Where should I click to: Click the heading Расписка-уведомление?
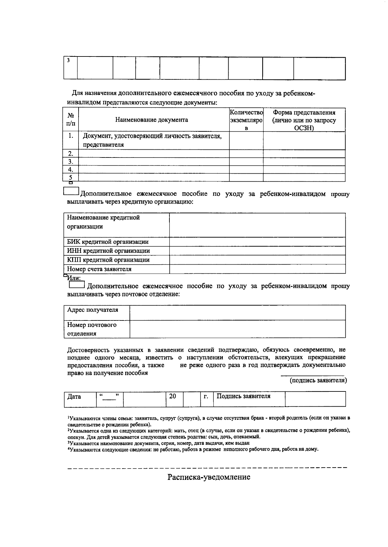[209, 477]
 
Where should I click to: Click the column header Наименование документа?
[152, 120]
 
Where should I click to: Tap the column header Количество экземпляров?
[246, 120]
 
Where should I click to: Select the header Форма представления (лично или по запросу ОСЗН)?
[304, 120]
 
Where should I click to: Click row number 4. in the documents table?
[71, 169]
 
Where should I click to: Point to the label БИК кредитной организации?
[108, 242]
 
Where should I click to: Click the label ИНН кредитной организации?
[108, 251]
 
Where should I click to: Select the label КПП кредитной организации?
[108, 260]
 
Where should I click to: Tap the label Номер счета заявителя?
[99, 269]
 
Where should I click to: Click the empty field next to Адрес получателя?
[237, 312]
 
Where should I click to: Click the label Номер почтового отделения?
[92, 329]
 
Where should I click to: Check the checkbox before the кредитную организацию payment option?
[71, 192]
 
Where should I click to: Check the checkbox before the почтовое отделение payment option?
[77, 285]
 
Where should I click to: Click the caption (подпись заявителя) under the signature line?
[318, 380]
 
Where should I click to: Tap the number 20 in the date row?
[173, 396]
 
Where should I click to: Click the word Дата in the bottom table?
[74, 397]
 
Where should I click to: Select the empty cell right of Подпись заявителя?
[315, 399]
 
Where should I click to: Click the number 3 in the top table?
[68, 60]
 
